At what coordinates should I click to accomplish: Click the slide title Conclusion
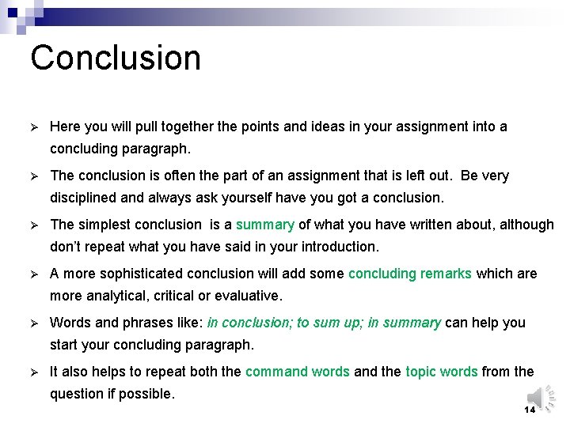point(116,58)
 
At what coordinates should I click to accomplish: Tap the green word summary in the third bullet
point(265,225)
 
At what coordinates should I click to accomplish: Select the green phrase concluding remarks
point(410,274)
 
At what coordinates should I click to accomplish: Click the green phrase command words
point(297,372)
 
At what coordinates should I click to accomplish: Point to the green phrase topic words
point(442,372)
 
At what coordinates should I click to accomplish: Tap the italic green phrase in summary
point(405,323)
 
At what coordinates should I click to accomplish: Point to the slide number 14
point(530,410)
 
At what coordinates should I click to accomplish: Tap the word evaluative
point(248,296)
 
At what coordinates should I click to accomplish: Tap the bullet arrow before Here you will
point(34,127)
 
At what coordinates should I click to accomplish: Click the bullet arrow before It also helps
point(34,372)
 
